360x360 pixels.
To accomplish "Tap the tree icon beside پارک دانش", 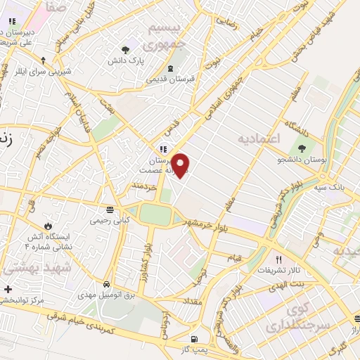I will [126, 49].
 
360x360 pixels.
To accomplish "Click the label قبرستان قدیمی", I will [172, 79].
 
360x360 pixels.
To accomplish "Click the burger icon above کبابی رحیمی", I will [109, 210].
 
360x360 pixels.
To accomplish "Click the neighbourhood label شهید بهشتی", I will [27, 268].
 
